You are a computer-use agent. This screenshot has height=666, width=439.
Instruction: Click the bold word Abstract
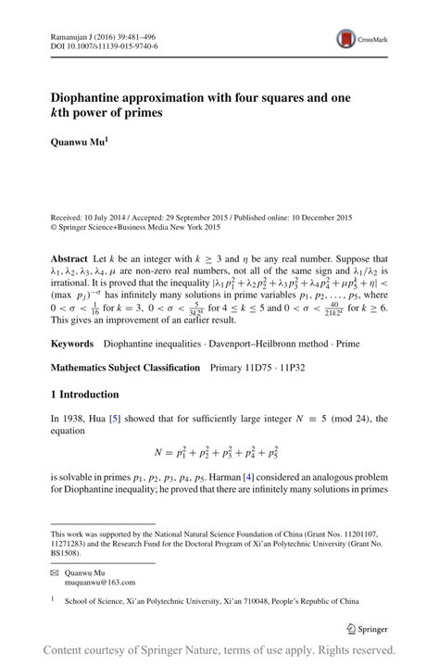(69, 258)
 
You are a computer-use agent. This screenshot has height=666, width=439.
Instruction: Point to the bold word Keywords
(74, 344)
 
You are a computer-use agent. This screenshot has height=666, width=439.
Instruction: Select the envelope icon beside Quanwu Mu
(55, 572)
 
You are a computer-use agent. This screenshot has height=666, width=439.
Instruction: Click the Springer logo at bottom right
(366, 627)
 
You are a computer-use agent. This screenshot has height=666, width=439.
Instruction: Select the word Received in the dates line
(68, 215)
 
